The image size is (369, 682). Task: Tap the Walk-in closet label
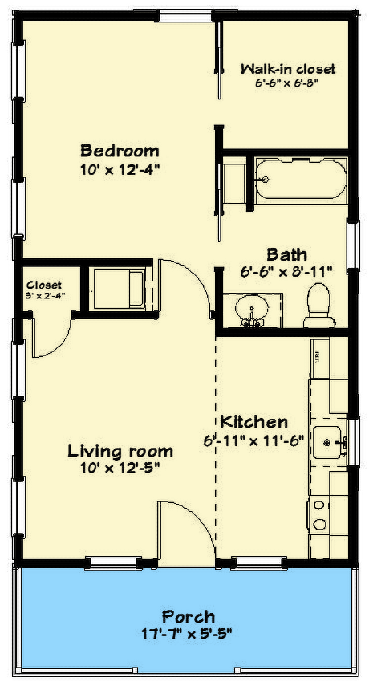[288, 69]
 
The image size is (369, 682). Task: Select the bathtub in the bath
[301, 177]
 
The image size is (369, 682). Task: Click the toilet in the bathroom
[318, 306]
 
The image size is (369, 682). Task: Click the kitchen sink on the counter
[329, 440]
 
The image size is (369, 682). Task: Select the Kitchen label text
[253, 422]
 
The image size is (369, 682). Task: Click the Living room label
[120, 450]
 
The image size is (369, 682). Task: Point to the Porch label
[189, 616]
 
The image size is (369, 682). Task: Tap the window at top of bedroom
[185, 14]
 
